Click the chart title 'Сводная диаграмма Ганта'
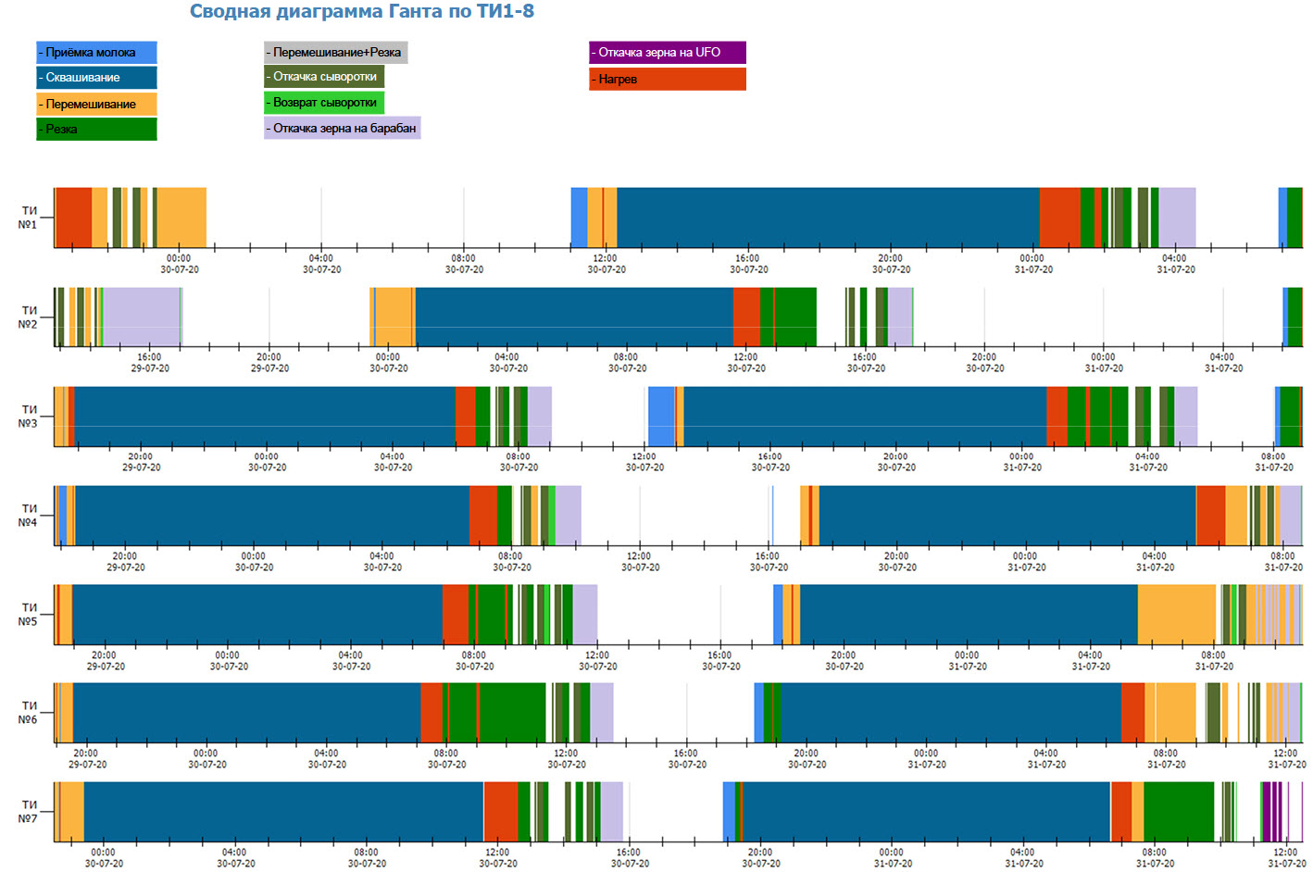(x=361, y=12)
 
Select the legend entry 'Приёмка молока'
(x=96, y=53)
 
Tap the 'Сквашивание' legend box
(x=96, y=78)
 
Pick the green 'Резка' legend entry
(x=96, y=129)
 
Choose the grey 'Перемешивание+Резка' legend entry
(x=335, y=53)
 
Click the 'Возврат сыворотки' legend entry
(x=324, y=103)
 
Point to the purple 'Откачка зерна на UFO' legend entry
(x=667, y=53)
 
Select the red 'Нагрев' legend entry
(x=667, y=80)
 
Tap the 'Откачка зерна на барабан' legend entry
(x=343, y=128)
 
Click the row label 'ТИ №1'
(x=29, y=218)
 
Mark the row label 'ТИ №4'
(x=29, y=516)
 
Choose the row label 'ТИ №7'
(x=29, y=812)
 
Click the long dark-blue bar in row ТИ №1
(x=828, y=218)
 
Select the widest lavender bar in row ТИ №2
(x=141, y=317)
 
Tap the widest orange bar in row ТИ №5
(x=1176, y=614)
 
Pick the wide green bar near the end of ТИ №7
(x=1178, y=811)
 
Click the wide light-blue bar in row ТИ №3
(x=661, y=417)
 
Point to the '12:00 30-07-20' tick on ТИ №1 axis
(x=606, y=263)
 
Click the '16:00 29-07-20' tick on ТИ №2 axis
(x=149, y=362)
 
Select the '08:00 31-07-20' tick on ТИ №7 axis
(x=1155, y=857)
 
